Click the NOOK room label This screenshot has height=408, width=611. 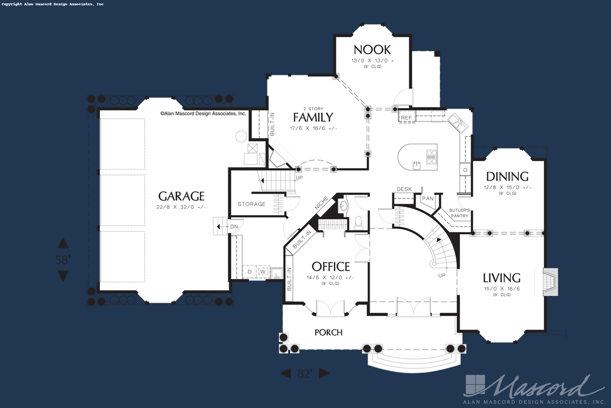(372, 50)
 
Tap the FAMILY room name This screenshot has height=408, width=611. (313, 117)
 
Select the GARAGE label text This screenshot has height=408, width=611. (181, 196)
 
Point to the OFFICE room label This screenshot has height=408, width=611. (331, 267)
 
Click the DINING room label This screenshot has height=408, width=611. (507, 176)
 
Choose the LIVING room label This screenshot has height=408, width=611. (502, 278)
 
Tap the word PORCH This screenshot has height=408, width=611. (329, 332)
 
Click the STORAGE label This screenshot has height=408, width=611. (252, 204)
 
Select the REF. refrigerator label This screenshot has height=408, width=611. (407, 118)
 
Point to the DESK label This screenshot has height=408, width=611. (404, 189)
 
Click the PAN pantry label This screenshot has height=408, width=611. (428, 198)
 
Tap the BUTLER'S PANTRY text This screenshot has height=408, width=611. (460, 213)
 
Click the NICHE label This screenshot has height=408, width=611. (321, 203)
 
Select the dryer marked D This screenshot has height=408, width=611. (249, 272)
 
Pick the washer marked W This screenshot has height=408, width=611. (263, 272)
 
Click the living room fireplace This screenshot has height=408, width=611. (550, 282)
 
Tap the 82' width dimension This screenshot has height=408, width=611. (305, 374)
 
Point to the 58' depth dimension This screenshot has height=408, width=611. (63, 260)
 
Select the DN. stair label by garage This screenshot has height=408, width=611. (235, 227)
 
